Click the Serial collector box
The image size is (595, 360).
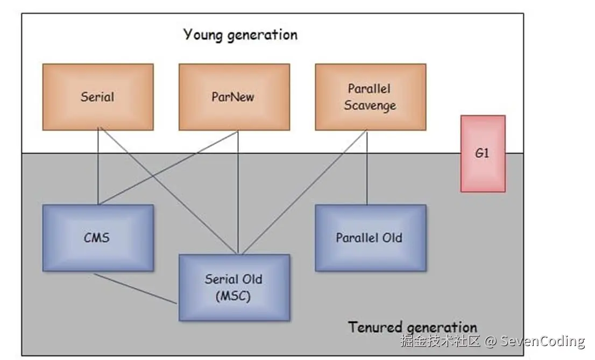tap(98, 97)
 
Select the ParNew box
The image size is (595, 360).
tap(234, 97)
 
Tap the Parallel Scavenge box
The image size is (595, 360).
tap(370, 97)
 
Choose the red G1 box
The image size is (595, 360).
tap(483, 153)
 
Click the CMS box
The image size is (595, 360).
tap(98, 237)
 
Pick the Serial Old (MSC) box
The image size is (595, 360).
tap(234, 287)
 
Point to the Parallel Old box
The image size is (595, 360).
tap(370, 237)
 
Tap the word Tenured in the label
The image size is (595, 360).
tap(375, 327)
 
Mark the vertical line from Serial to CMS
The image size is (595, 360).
tap(98, 167)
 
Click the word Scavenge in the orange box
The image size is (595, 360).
tap(370, 105)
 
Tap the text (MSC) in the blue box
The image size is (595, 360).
tap(233, 295)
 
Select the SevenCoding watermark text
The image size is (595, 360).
tap(542, 341)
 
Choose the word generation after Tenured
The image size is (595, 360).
tap(442, 327)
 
